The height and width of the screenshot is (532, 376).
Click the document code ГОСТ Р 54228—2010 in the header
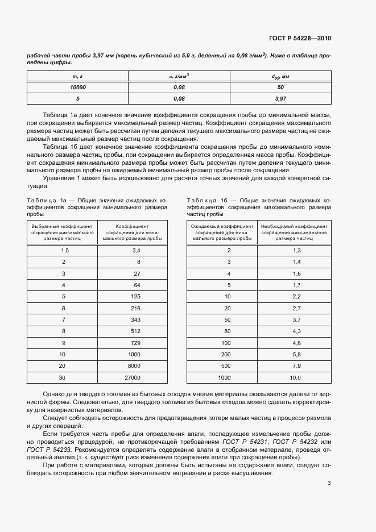click(299, 39)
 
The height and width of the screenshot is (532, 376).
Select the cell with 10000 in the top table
click(78, 87)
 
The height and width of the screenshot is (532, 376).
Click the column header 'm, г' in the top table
click(78, 76)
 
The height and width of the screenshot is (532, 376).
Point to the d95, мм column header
click(280, 76)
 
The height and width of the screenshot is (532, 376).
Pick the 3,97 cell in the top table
click(280, 98)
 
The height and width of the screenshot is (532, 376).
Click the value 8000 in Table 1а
click(134, 365)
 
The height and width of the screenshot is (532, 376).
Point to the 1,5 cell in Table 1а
click(64, 250)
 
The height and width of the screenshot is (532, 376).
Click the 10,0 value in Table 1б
click(295, 377)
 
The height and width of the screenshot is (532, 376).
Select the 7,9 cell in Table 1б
click(296, 365)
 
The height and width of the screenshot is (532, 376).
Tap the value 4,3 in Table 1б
click(296, 331)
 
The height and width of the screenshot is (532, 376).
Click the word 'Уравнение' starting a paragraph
click(59, 180)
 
